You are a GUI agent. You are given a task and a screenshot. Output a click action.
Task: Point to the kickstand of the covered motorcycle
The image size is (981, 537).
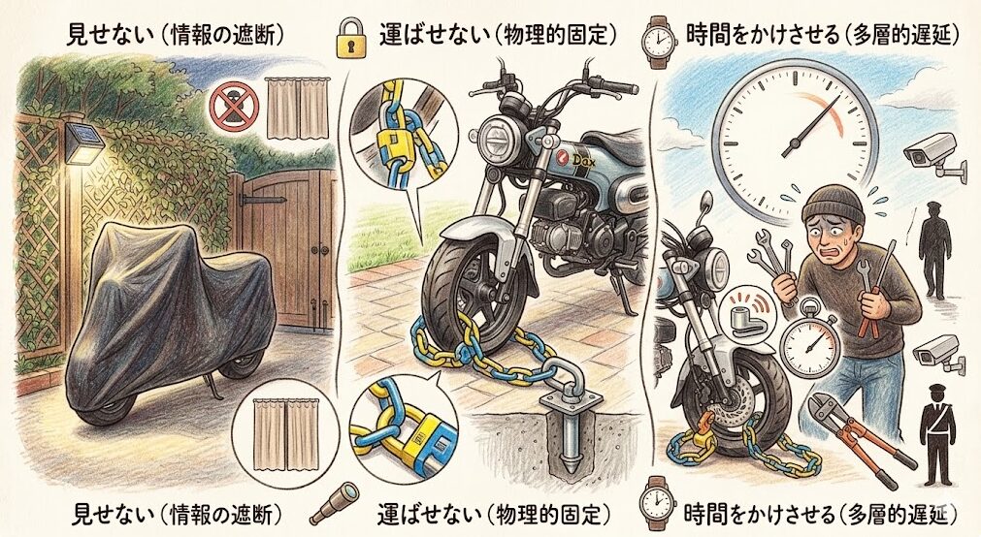coord(208,389)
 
